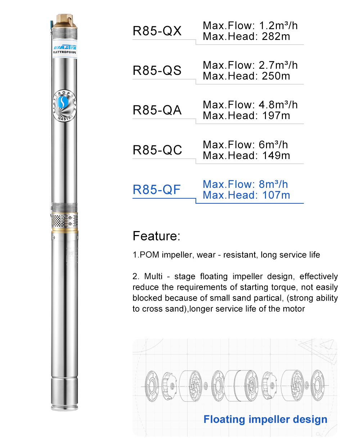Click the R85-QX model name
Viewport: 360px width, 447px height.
pos(157,31)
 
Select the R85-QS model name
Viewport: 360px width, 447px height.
pos(157,71)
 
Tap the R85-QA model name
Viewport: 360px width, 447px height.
pos(157,110)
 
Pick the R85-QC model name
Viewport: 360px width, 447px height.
pos(157,150)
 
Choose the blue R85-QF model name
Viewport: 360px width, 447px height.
pos(157,190)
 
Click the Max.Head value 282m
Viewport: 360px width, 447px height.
pos(276,37)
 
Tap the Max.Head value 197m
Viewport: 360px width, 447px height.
pos(276,116)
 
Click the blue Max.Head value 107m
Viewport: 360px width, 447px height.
pos(276,195)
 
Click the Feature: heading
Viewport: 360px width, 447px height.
pos(156,236)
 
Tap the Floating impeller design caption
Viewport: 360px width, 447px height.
pos(265,419)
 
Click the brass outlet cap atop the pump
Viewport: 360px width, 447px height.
pos(65,21)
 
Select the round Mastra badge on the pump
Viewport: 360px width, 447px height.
pos(64,105)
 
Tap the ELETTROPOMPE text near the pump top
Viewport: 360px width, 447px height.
pos(65,53)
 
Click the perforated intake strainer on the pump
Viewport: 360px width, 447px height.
pos(64,220)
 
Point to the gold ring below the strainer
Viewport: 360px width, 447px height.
pos(65,229)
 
